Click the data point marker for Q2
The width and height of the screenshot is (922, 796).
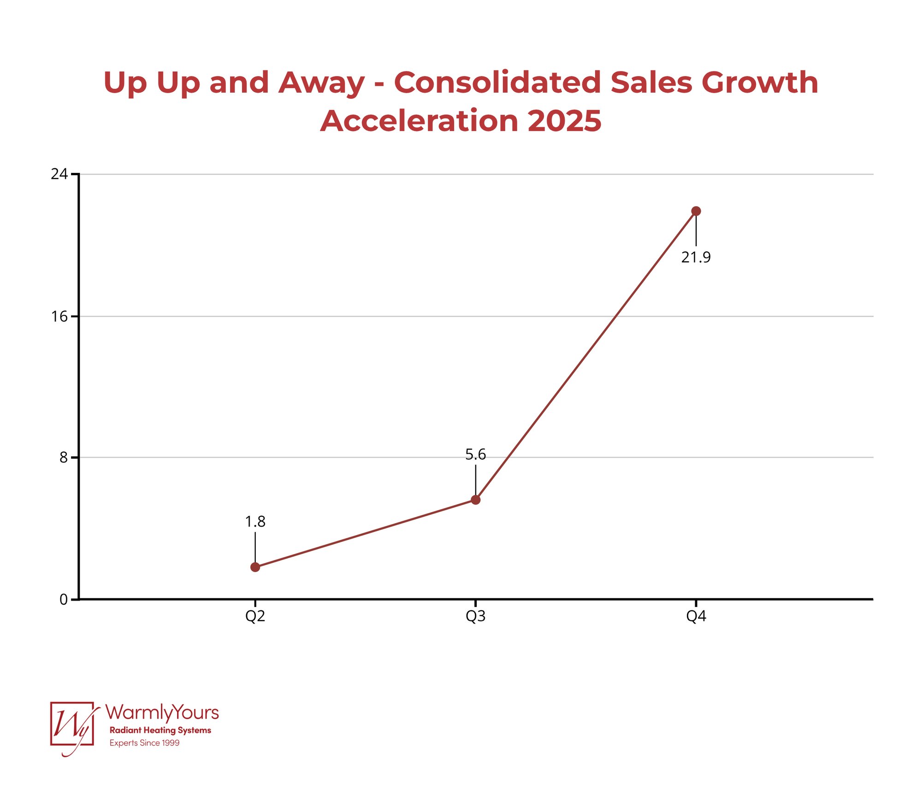tap(255, 567)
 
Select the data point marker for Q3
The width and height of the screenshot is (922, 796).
tap(475, 500)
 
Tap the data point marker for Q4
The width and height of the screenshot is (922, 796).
tap(696, 211)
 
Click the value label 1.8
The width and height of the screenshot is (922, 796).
tap(255, 521)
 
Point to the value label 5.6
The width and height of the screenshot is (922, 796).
tap(475, 454)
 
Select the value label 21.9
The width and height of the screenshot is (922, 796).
tap(696, 257)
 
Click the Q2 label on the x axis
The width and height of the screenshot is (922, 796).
tap(255, 616)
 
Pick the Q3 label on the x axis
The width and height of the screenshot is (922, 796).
tap(475, 616)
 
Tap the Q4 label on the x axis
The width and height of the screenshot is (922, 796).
tap(696, 616)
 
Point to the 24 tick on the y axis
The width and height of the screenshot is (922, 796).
tap(59, 174)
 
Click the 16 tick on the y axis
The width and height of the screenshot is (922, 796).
tap(59, 316)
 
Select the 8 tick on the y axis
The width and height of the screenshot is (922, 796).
tap(63, 457)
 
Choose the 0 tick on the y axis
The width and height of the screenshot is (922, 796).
tap(63, 600)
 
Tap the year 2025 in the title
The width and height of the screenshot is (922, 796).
tap(564, 121)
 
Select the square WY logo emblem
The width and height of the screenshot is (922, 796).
tap(72, 724)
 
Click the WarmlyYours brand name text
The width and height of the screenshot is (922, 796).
tap(162, 713)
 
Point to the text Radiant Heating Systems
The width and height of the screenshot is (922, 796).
tap(160, 730)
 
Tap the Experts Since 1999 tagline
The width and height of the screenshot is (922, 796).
tap(144, 743)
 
